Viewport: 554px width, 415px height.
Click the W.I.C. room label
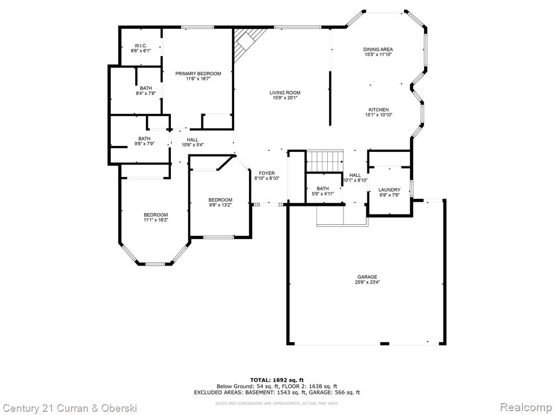[x=141, y=45]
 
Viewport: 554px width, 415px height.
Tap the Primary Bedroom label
[x=198, y=73]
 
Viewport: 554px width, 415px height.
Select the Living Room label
[x=285, y=93]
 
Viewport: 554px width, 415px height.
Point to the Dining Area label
[x=378, y=49]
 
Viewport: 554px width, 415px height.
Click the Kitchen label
[x=378, y=110]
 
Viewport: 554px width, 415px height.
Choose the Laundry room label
[x=390, y=190]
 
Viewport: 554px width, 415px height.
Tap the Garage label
[x=367, y=277]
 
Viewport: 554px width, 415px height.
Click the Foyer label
[x=267, y=173]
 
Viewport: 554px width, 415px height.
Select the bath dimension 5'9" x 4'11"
[x=322, y=194]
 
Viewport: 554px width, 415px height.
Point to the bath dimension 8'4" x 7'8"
[x=146, y=93]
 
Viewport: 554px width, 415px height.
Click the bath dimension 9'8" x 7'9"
[x=144, y=144]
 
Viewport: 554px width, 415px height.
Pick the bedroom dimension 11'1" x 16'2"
[x=155, y=220]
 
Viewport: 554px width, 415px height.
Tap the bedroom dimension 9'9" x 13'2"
[x=220, y=205]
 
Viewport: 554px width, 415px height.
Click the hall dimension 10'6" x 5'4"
[x=193, y=145]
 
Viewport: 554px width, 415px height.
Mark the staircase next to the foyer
[x=325, y=161]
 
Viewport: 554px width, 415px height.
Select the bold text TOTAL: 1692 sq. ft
[x=277, y=380]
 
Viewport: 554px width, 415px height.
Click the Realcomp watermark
[x=526, y=407]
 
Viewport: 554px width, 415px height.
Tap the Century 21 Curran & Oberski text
[x=69, y=408]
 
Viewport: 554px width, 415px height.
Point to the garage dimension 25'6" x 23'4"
[x=367, y=282]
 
